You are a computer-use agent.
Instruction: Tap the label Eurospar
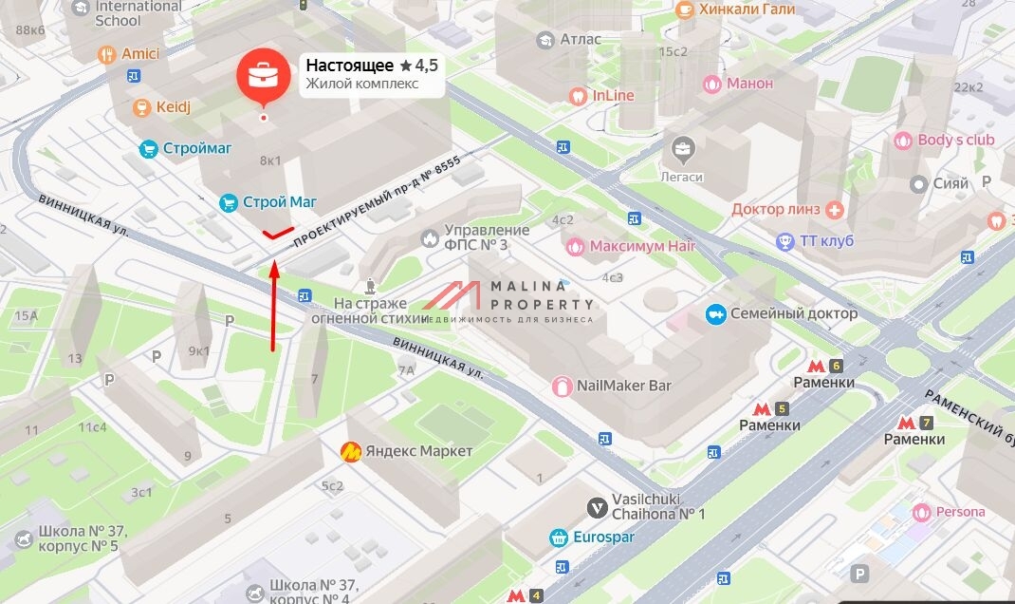[x=613, y=537]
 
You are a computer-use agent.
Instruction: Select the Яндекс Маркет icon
[x=351, y=451]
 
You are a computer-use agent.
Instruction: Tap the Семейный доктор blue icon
[x=716, y=313]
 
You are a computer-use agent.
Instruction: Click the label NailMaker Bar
[x=624, y=386]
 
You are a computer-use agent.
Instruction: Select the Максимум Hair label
[x=642, y=247]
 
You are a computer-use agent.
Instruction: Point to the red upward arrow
[x=274, y=304]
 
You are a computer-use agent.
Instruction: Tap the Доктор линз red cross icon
[x=835, y=209]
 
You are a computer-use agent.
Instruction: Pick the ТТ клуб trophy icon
[x=784, y=241]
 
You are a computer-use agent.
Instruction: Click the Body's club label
[x=955, y=141]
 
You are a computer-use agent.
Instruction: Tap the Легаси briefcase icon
[x=682, y=149]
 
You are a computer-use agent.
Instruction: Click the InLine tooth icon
[x=577, y=95]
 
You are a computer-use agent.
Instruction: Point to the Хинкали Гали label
[x=747, y=9]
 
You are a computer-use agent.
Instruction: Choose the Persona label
[x=960, y=512]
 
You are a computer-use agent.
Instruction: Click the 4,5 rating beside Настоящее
[x=418, y=66]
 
